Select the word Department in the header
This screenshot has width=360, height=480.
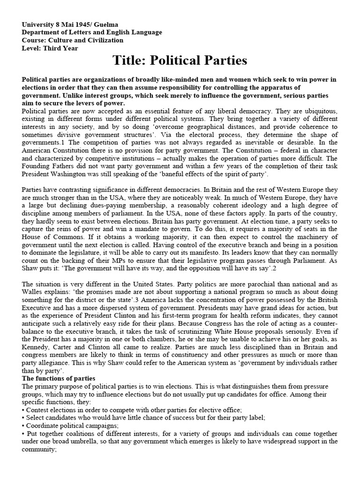[x=42, y=32]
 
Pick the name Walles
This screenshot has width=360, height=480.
[x=33, y=292]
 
